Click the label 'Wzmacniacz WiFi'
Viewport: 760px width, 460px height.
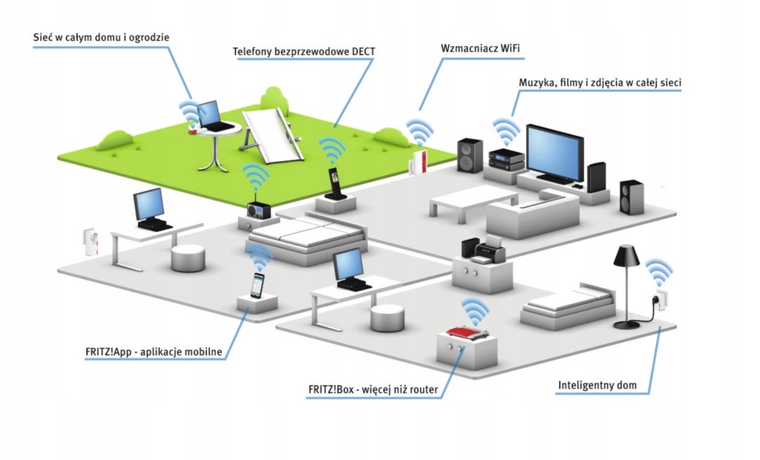click(480, 48)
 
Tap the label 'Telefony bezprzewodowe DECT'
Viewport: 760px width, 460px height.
click(304, 52)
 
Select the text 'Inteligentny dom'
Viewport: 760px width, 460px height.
click(596, 386)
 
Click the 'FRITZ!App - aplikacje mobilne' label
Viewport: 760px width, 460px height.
click(154, 352)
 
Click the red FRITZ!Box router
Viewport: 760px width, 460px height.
click(466, 334)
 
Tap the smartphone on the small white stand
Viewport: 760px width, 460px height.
click(258, 285)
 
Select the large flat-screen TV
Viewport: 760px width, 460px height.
click(554, 153)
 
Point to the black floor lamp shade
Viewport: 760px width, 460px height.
click(626, 257)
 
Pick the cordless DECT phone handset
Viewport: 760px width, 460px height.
click(334, 183)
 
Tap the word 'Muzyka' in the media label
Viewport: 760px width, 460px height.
click(537, 83)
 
